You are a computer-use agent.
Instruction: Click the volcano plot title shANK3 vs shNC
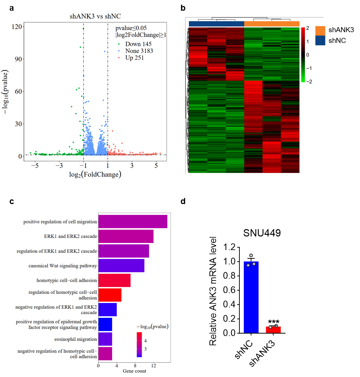[95, 16]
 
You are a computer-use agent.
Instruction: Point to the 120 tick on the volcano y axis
[18, 27]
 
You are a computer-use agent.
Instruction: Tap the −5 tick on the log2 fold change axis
[35, 166]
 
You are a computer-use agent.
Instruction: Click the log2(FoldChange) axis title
[95, 174]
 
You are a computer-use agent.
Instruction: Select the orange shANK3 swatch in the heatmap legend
[320, 30]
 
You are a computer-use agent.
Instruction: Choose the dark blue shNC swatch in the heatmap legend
[320, 41]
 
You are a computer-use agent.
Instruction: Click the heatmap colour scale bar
[303, 55]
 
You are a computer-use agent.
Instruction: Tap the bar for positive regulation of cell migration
[133, 222]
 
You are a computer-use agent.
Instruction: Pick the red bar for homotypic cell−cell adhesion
[114, 280]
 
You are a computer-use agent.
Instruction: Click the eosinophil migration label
[76, 339]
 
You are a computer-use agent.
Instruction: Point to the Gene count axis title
[134, 371]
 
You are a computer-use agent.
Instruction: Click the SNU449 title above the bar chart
[262, 233]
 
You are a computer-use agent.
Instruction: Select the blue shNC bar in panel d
[251, 297]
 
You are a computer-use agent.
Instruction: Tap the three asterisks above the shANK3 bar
[274, 323]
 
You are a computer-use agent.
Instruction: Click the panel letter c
[12, 201]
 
